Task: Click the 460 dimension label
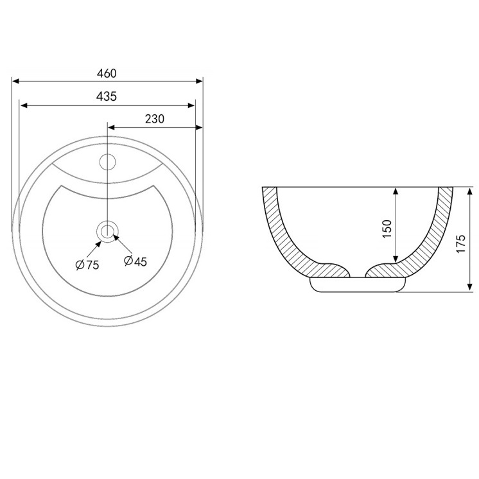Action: click(x=107, y=74)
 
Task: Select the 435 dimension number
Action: click(x=107, y=96)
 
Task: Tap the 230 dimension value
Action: click(x=155, y=119)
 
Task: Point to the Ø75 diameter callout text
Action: click(x=87, y=265)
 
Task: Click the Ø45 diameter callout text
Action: click(x=135, y=261)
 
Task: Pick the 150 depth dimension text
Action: click(x=387, y=229)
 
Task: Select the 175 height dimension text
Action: click(x=460, y=243)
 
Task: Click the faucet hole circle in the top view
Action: click(x=107, y=162)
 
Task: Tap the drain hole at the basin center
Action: click(x=107, y=231)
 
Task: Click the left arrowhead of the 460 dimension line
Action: click(x=15, y=82)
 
